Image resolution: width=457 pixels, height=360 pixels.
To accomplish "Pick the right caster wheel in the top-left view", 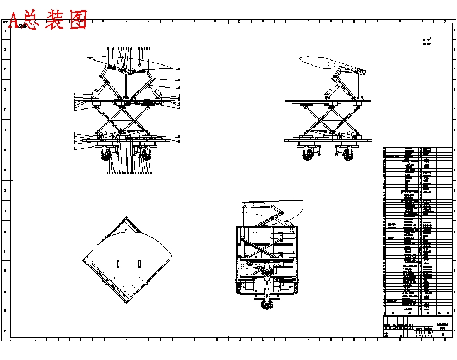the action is point(145,154).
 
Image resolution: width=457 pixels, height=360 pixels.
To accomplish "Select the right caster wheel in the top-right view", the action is point(348,154).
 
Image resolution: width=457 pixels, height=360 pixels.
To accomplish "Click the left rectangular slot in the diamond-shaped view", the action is point(118,263).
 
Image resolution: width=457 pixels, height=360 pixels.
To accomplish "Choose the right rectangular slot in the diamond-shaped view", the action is point(139,263).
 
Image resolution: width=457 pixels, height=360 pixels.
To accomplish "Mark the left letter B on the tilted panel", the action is point(117,63).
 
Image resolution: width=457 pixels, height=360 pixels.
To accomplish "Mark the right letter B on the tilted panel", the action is point(139,63).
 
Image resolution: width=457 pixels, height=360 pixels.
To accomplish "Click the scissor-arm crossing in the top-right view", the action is point(329,120).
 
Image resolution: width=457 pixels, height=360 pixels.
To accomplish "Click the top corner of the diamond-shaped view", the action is point(127,217).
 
